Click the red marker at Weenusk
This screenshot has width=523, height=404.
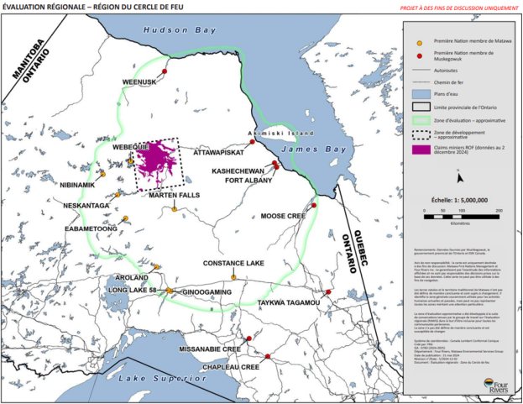(x=165, y=73)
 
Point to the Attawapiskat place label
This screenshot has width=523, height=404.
(x=221, y=154)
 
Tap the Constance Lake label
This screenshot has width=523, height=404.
(x=233, y=263)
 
